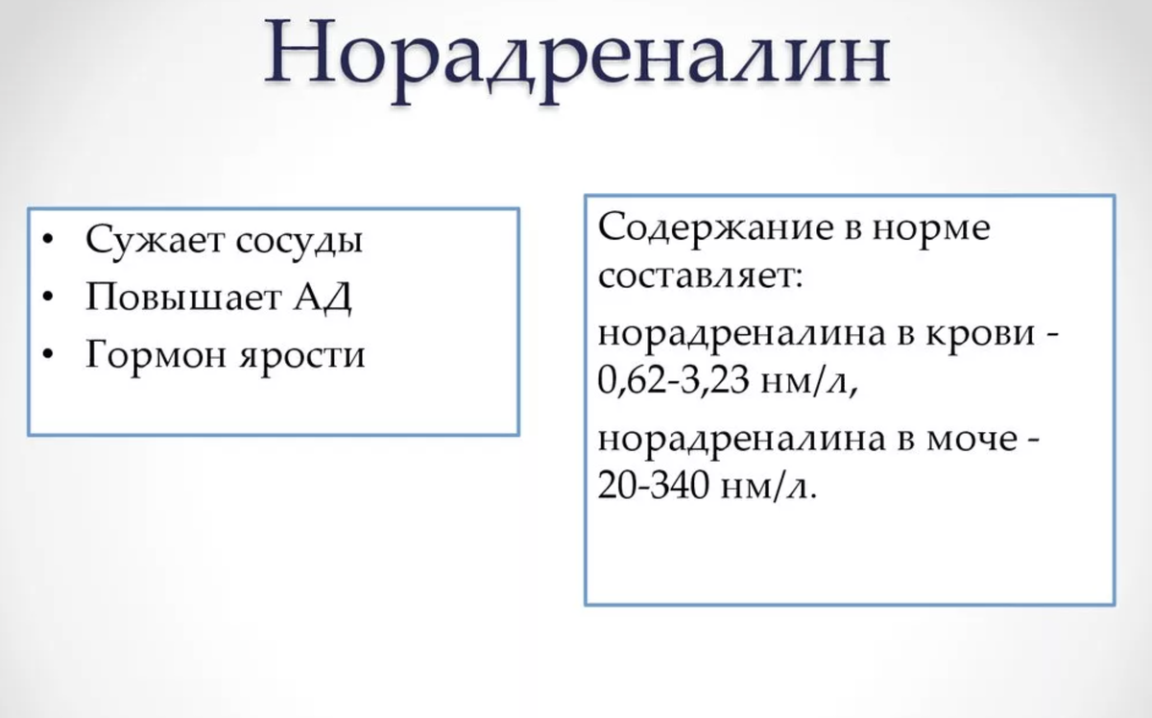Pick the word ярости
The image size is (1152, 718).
click(x=304, y=357)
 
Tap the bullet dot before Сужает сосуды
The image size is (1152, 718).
click(x=49, y=240)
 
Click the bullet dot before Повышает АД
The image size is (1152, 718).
click(x=49, y=298)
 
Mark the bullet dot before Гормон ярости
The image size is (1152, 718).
click(x=49, y=355)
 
